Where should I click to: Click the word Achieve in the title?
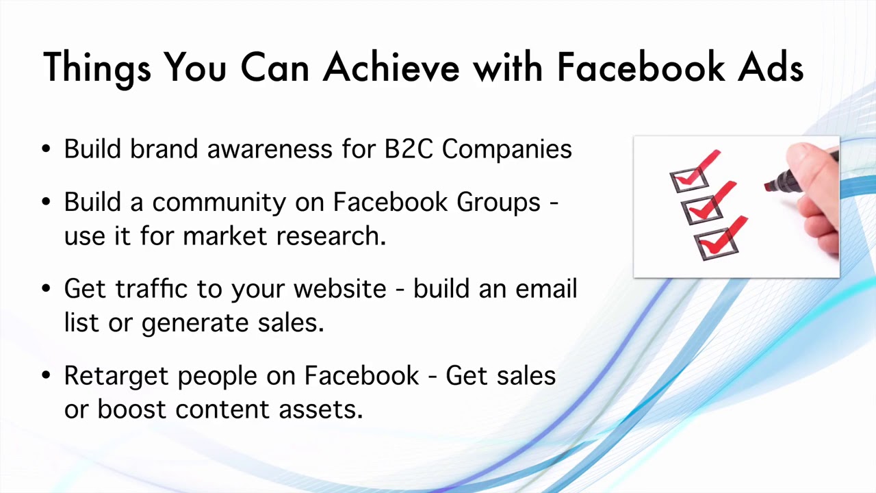[391, 67]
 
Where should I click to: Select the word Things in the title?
[96, 68]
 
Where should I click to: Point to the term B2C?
[409, 149]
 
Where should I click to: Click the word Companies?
[506, 149]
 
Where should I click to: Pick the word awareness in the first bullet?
[271, 149]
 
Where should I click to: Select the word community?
[219, 203]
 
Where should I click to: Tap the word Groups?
[498, 203]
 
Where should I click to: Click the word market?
[226, 236]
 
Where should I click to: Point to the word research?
[331, 236]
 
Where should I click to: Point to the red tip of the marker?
[769, 186]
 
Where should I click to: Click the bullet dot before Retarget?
[46, 376]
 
